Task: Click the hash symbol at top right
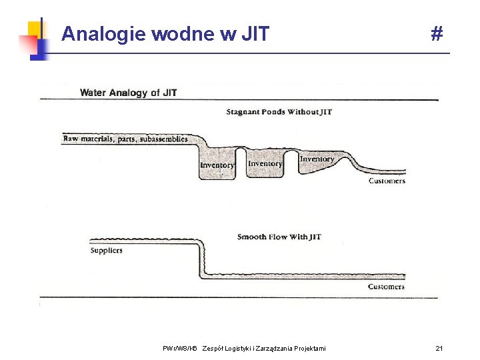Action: (437, 33)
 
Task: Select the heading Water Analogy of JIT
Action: (129, 93)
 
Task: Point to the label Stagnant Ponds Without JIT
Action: (279, 112)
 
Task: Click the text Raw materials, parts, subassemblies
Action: (125, 139)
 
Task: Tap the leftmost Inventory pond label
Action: (217, 165)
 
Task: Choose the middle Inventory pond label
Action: (265, 164)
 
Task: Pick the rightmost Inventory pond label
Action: (317, 159)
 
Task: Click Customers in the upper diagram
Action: (387, 181)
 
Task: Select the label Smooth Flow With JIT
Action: (279, 237)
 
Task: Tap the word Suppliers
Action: (107, 251)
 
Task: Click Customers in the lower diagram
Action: (386, 287)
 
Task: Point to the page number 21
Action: (439, 348)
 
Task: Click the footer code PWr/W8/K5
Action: (180, 349)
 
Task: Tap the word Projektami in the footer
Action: (308, 349)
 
